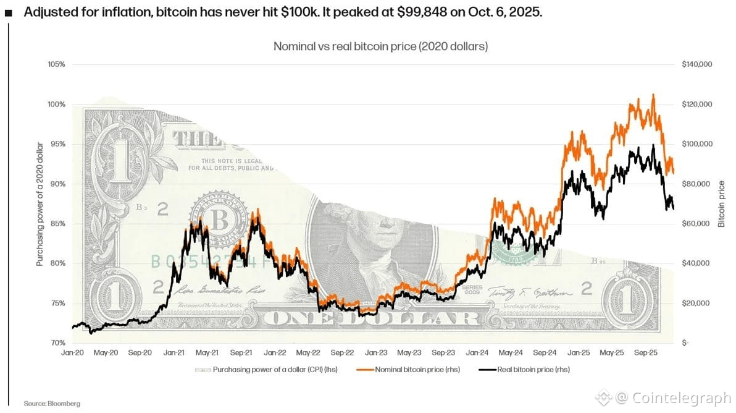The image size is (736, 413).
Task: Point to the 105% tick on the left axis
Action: click(x=56, y=64)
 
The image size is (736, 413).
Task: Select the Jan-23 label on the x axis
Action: click(x=376, y=352)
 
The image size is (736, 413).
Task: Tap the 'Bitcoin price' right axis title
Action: click(x=721, y=203)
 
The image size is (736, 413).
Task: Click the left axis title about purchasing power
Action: click(x=40, y=203)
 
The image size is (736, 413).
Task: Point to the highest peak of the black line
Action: click(x=653, y=146)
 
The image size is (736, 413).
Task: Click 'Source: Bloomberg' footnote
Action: click(x=52, y=403)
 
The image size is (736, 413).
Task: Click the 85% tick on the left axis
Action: click(x=56, y=224)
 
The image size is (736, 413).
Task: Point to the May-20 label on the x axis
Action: click(x=106, y=352)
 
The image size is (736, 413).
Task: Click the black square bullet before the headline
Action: click(x=8, y=14)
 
